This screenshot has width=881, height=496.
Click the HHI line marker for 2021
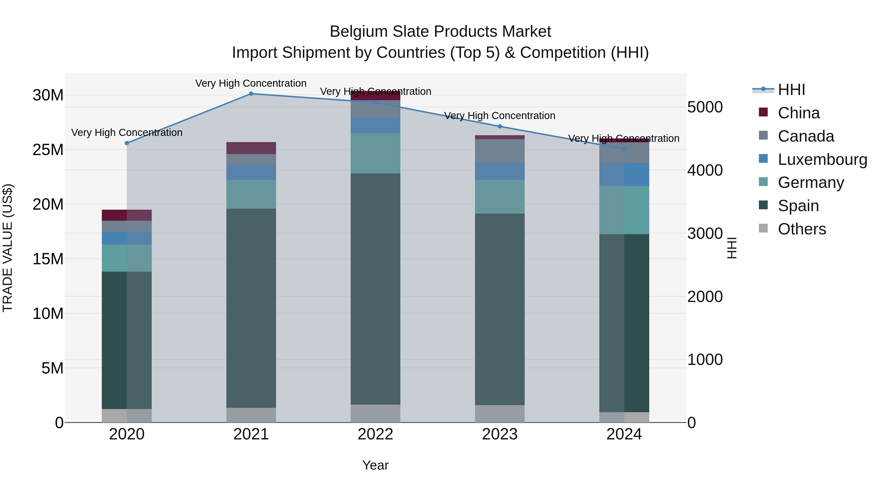(251, 94)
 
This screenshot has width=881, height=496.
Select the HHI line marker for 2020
(127, 143)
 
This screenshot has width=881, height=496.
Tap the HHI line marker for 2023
(500, 126)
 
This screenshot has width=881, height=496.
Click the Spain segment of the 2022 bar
(375, 289)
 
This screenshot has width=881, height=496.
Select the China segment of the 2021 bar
(251, 148)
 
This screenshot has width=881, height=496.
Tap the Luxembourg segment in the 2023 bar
(500, 171)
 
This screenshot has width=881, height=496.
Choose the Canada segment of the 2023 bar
(500, 151)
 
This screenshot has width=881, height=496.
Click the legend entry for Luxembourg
(822, 159)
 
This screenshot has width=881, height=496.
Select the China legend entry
(799, 113)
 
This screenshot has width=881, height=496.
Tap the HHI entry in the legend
(791, 90)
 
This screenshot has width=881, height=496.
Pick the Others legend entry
(802, 229)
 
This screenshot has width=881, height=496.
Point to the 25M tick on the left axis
(48, 150)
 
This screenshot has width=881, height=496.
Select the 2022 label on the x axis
(375, 434)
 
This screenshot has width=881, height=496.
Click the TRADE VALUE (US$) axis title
(8, 248)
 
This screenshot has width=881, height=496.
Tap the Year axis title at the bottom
(375, 465)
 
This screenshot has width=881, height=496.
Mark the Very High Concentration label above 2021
(251, 83)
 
